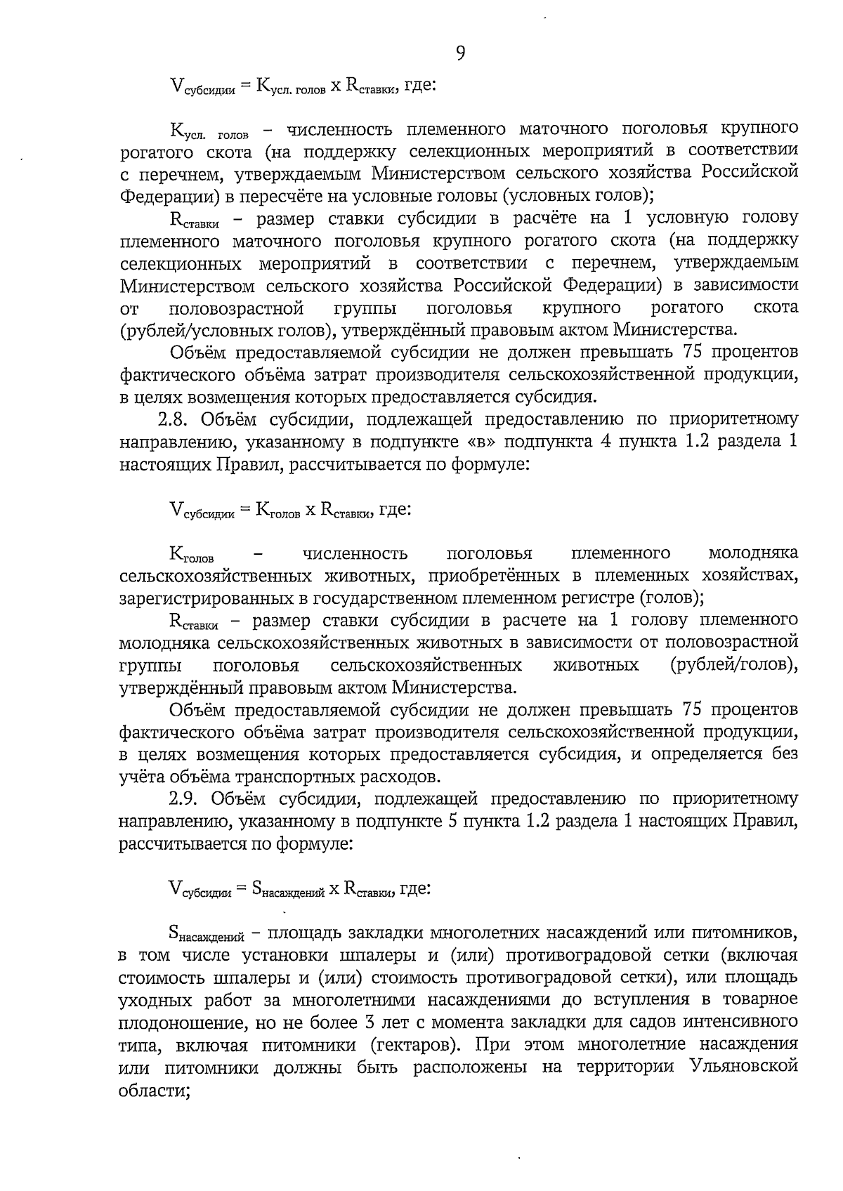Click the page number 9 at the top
(460, 53)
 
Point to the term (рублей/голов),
(734, 664)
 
